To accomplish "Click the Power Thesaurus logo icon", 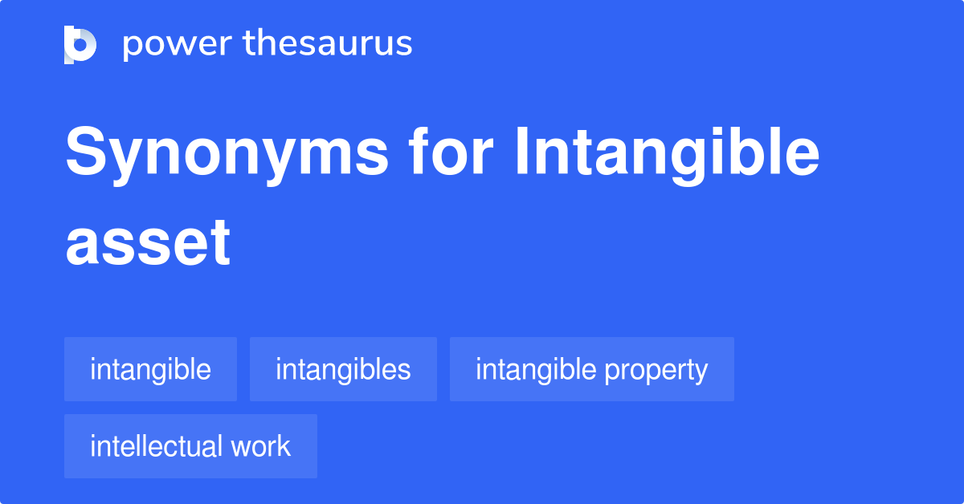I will tap(80, 44).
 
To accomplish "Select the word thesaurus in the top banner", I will tap(328, 44).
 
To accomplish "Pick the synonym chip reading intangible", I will tap(150, 369).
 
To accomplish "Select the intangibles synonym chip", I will tap(343, 369).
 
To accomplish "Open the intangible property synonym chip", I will tap(591, 369).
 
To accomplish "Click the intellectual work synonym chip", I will tap(190, 446).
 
